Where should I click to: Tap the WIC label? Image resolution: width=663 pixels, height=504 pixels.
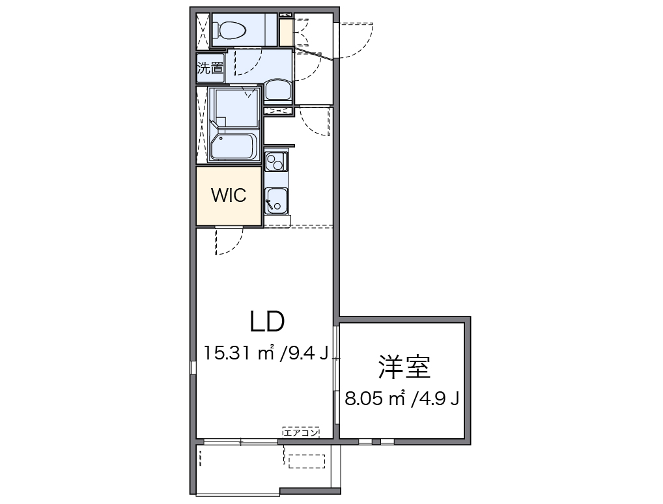point(229,195)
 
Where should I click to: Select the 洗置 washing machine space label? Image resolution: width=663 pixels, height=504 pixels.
point(210,68)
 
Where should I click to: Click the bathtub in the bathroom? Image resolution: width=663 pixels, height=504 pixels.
point(233,147)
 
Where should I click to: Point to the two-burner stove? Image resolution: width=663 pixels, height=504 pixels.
point(277,160)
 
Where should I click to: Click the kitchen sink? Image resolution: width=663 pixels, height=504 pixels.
point(277,200)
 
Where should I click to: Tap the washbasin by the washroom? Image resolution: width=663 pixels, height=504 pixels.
point(278,90)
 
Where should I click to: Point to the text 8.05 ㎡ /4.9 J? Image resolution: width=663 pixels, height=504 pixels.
point(402,399)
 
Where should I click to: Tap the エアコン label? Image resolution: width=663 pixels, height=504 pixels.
point(301,431)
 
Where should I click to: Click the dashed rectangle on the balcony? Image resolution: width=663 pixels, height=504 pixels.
point(305,460)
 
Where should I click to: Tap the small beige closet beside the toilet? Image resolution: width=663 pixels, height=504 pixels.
point(286,33)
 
